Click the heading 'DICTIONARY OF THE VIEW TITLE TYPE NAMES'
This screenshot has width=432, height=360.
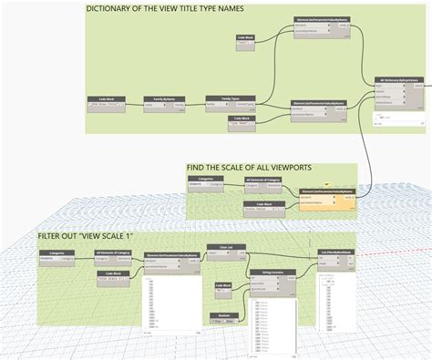tap(164, 9)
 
